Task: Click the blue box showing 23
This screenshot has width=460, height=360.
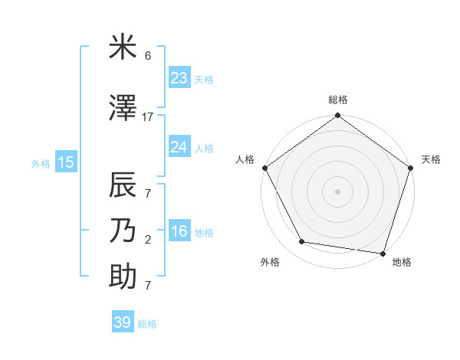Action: pos(179,78)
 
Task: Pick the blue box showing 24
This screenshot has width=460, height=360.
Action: pos(179,147)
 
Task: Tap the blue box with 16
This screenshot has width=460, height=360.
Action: pos(179,232)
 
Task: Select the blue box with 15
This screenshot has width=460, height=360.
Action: pos(66,162)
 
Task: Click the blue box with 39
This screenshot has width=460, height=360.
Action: pos(123,322)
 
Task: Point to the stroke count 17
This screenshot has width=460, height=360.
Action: pos(148,117)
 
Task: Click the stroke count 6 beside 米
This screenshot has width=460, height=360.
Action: pos(148,56)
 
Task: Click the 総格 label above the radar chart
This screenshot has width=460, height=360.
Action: pos(337,100)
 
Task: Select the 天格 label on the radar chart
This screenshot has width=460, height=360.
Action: pos(431,159)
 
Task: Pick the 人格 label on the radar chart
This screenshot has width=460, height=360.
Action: pos(245,159)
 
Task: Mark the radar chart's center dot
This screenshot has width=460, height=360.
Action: pos(337,191)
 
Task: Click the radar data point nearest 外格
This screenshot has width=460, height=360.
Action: pos(302,242)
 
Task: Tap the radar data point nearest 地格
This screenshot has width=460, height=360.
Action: pos(383,253)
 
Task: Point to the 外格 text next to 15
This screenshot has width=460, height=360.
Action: pos(40,163)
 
